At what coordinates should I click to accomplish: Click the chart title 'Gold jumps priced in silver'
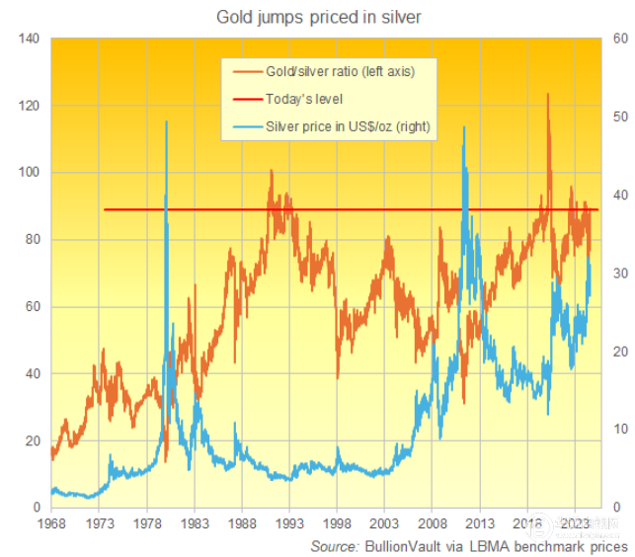coord(318,17)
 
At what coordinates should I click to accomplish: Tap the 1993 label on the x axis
coord(288,522)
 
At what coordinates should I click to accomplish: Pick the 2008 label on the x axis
coord(432,522)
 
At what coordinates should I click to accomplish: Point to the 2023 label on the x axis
coord(575,522)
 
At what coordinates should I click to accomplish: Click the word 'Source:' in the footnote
coord(334,546)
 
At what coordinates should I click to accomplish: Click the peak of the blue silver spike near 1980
coord(165,121)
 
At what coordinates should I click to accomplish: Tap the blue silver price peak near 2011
coord(463,127)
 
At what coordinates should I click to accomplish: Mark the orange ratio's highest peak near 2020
coord(548,95)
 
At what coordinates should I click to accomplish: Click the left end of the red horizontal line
coord(105,209)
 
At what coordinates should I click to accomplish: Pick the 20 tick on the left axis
coord(31,441)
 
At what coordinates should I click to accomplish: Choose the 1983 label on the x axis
coord(194,522)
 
